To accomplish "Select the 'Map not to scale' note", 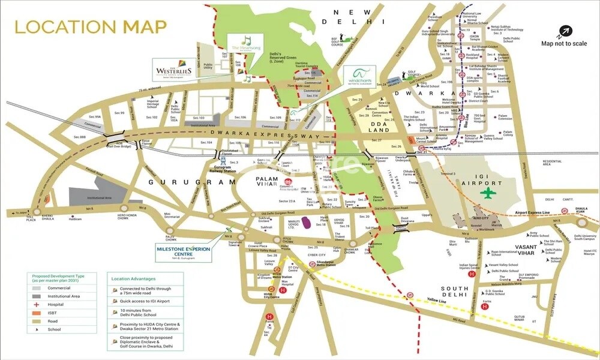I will [564, 43].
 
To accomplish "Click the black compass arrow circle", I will [564, 30].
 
